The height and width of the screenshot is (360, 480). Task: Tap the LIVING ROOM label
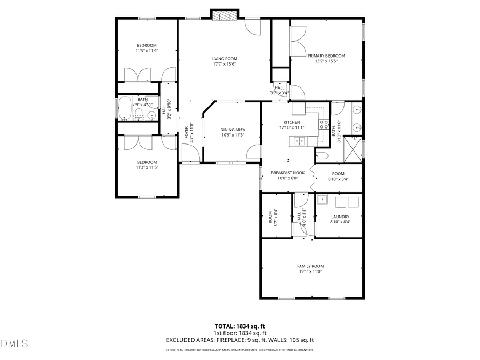(x=224, y=59)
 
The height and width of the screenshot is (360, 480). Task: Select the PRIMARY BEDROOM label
(x=326, y=55)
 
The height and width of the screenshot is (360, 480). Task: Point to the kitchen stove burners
(x=323, y=125)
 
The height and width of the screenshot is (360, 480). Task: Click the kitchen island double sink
(x=300, y=141)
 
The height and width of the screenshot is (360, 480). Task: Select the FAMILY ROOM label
(x=310, y=266)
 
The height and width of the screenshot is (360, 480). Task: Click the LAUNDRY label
(x=340, y=216)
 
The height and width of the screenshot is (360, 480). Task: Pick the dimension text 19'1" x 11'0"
(x=310, y=271)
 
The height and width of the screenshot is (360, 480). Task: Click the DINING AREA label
(x=233, y=129)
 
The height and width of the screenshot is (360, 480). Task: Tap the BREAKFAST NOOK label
(x=287, y=173)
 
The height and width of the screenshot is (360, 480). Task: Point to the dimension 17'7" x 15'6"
(x=224, y=64)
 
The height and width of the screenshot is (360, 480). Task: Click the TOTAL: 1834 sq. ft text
(x=239, y=325)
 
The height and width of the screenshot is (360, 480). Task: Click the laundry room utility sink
(x=322, y=201)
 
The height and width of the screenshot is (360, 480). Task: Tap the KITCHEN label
(x=292, y=122)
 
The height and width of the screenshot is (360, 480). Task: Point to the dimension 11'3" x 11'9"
(x=147, y=51)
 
